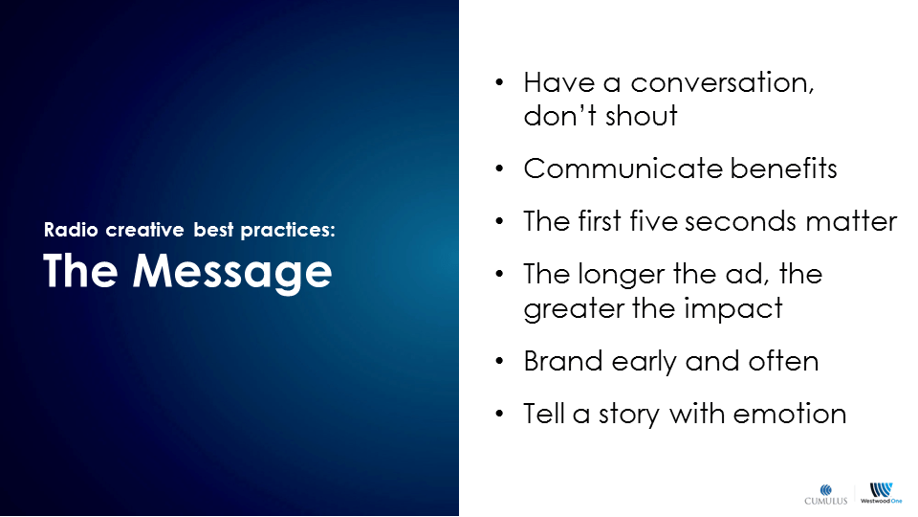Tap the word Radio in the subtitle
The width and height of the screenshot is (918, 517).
(x=71, y=229)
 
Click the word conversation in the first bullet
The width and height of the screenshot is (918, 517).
(x=722, y=82)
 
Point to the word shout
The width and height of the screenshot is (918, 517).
(x=641, y=116)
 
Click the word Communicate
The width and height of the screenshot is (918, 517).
(x=623, y=169)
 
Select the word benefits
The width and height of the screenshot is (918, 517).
(x=783, y=169)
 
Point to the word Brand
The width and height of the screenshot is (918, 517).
(x=563, y=361)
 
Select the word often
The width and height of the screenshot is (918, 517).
(x=783, y=361)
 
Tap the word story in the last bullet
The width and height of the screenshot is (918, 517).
(x=629, y=415)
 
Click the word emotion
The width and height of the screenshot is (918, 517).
(x=790, y=414)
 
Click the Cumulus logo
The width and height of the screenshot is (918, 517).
(x=826, y=494)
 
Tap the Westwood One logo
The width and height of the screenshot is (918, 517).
(x=881, y=494)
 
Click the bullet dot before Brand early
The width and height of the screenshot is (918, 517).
(x=499, y=361)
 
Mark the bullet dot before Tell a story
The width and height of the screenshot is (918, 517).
(x=499, y=414)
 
